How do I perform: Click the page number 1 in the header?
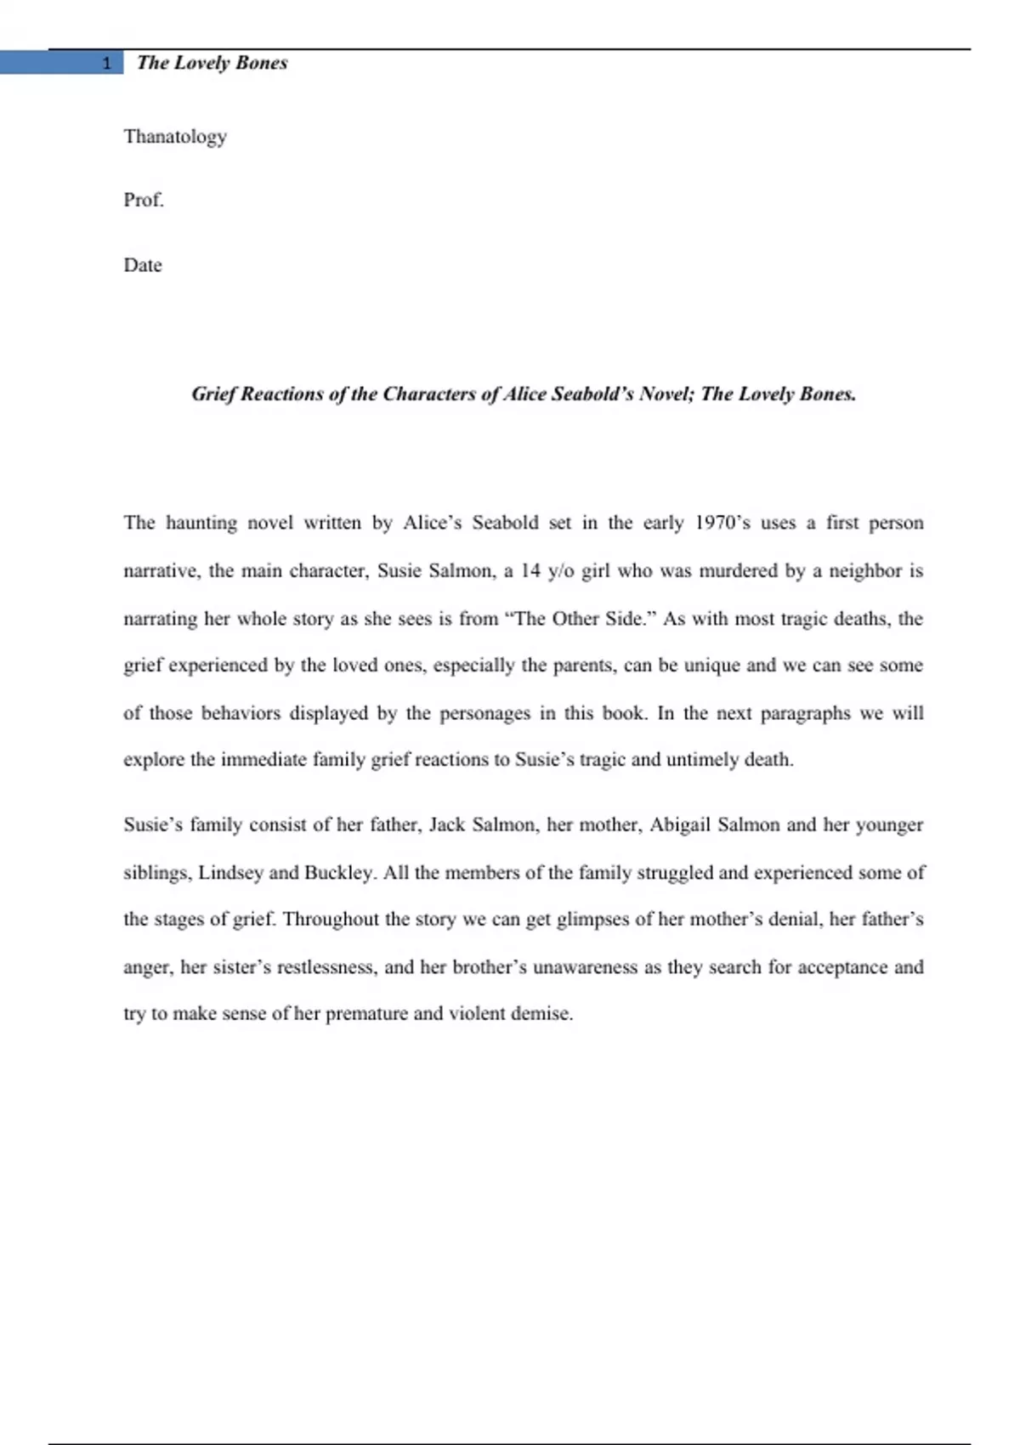tap(106, 63)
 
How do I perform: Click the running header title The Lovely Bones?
tap(212, 63)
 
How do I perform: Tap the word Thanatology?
tap(175, 137)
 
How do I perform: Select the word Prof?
tap(144, 201)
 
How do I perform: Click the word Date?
tap(143, 265)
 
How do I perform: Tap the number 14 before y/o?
tap(530, 571)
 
